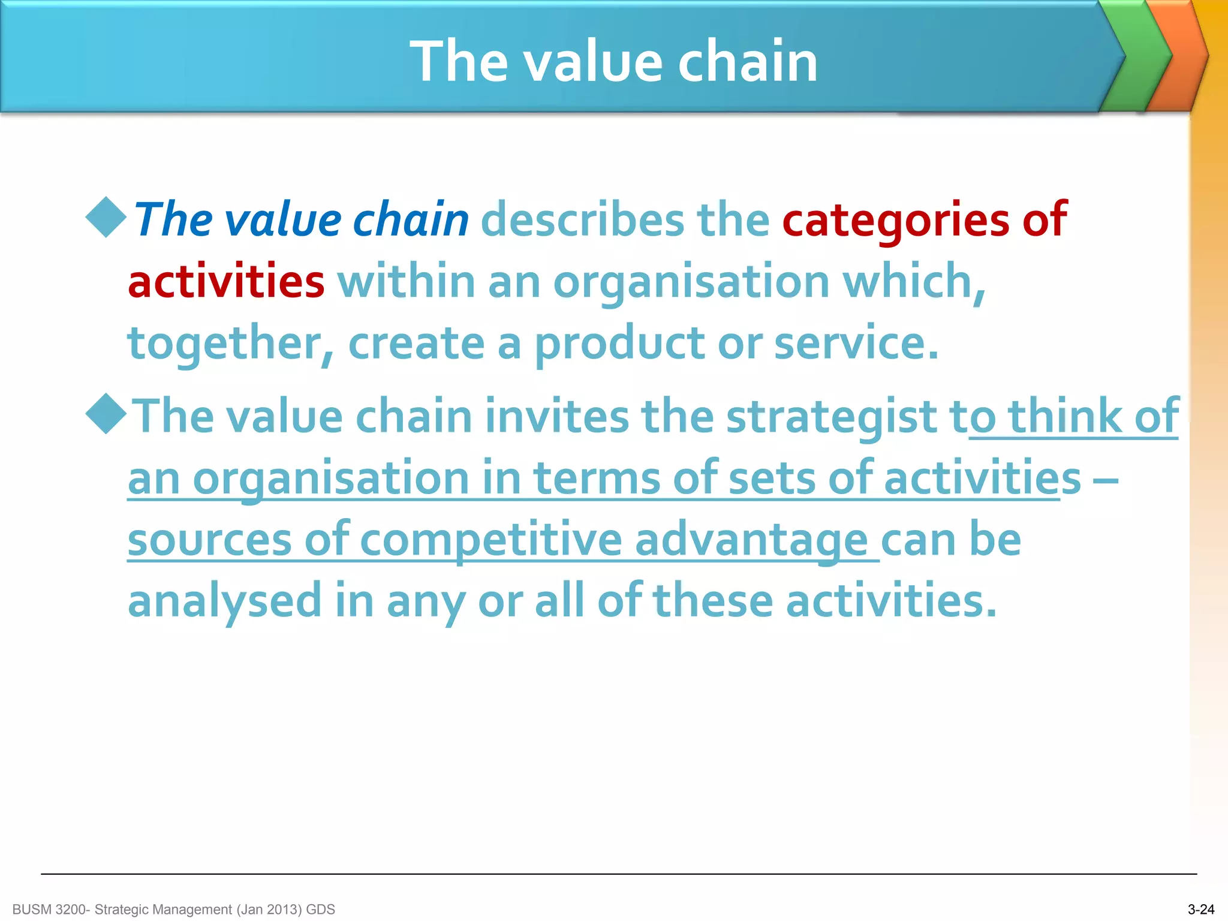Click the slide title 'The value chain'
click(614, 61)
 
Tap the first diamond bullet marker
click(106, 217)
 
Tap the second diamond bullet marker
click(106, 414)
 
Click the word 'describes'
click(582, 219)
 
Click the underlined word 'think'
click(1064, 416)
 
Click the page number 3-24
click(1200, 910)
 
